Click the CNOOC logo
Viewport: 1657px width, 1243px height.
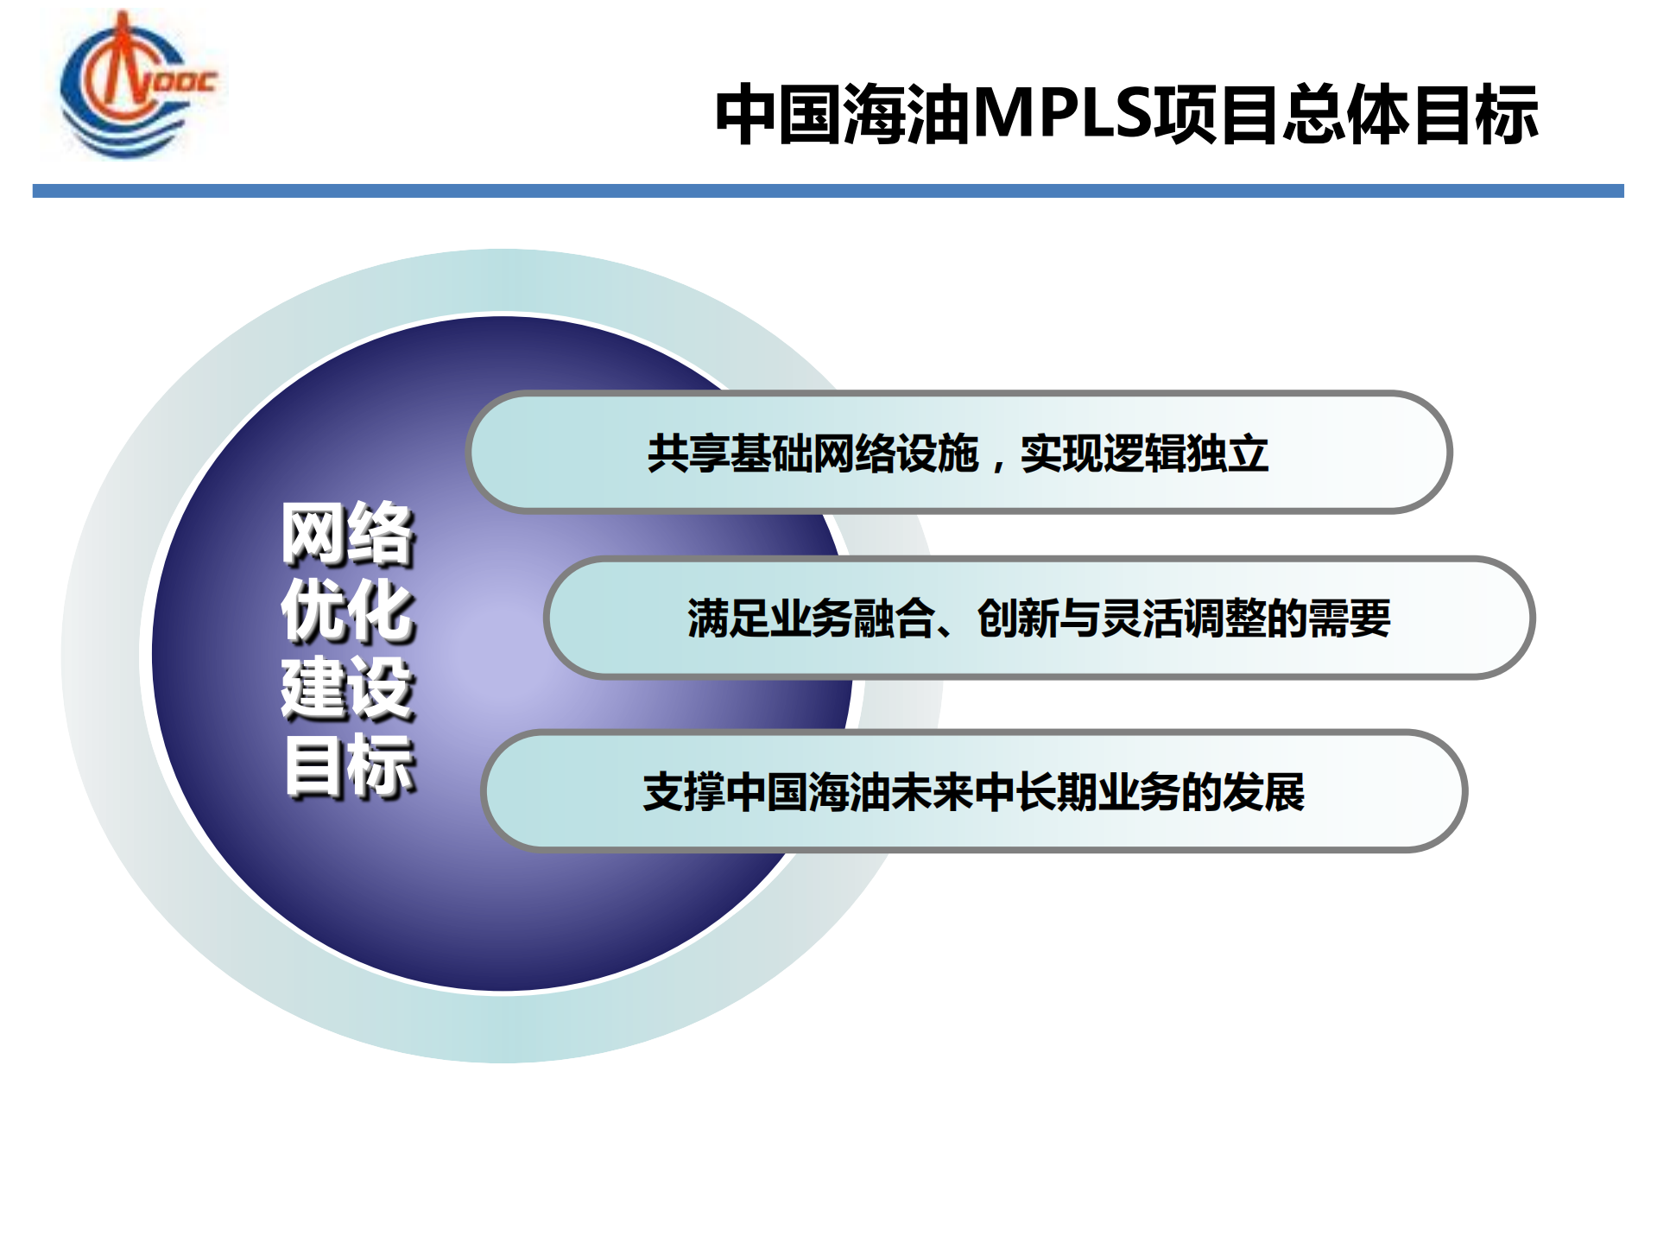[x=134, y=85]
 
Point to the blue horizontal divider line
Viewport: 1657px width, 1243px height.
[x=827, y=191]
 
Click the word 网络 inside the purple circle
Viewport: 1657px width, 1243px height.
[x=348, y=534]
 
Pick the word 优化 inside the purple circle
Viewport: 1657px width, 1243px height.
[x=348, y=611]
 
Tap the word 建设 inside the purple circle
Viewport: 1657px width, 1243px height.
[x=348, y=688]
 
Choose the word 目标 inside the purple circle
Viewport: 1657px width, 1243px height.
[x=348, y=765]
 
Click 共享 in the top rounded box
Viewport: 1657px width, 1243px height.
[x=688, y=453]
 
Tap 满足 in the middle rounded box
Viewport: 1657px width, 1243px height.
[x=728, y=618]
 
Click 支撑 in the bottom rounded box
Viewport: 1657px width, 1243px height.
[x=684, y=792]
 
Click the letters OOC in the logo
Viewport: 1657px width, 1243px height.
[x=185, y=82]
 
